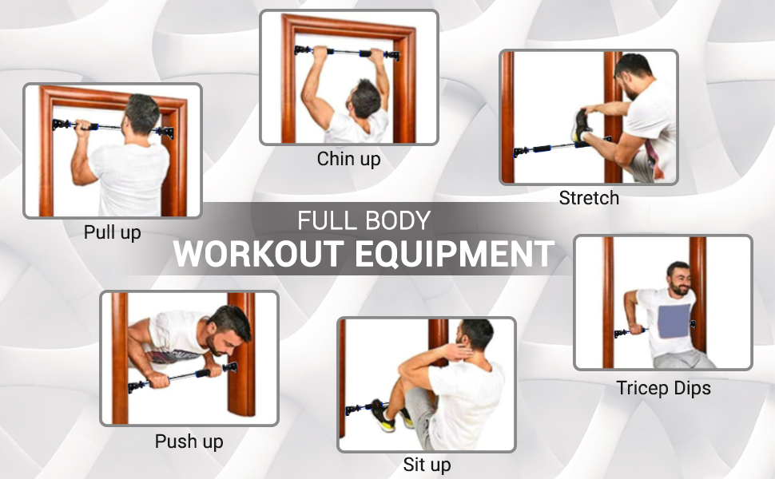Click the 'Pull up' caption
tap(112, 233)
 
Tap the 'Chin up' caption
tap(348, 159)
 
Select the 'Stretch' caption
tap(589, 198)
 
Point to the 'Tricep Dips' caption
tap(663, 389)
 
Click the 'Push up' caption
tap(189, 441)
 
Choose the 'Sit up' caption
tap(427, 465)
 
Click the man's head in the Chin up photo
tap(365, 99)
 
